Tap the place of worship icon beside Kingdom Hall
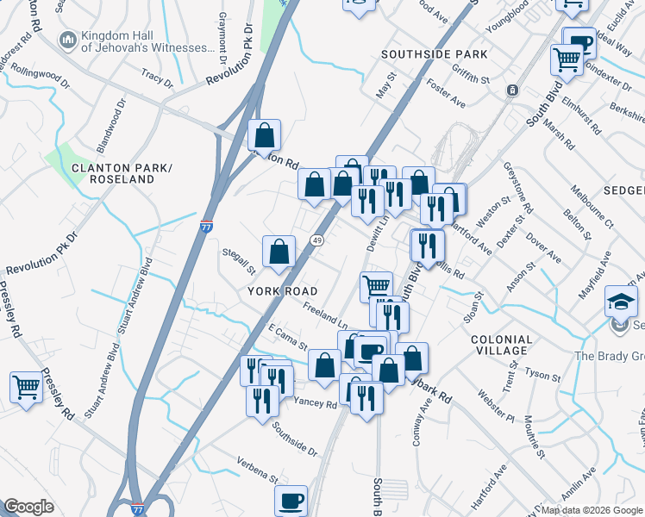[x=67, y=40]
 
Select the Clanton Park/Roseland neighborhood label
[x=113, y=173]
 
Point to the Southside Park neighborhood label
[x=435, y=54]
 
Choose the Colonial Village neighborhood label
[x=511, y=345]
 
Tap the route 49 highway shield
[x=317, y=241]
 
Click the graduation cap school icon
[x=620, y=301]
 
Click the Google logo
[x=28, y=507]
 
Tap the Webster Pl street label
[x=498, y=406]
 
